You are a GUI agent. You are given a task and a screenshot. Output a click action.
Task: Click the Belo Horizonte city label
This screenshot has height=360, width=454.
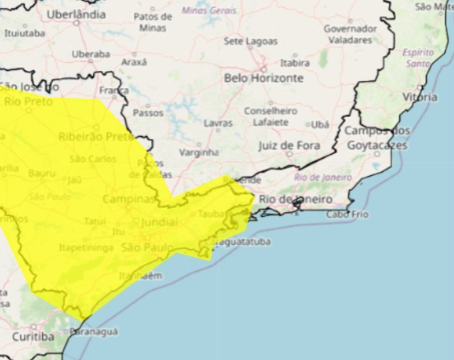[x=263, y=78]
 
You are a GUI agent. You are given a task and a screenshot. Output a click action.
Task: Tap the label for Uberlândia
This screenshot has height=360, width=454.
[x=76, y=15]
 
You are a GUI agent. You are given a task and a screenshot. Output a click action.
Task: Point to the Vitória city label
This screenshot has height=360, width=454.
[x=419, y=97]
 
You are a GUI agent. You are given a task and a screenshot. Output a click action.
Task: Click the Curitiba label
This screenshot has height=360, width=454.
[x=33, y=336]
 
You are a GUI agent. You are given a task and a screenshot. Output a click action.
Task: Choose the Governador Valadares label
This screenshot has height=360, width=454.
[x=350, y=34]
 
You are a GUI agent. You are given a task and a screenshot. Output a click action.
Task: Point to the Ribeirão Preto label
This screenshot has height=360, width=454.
[x=95, y=136]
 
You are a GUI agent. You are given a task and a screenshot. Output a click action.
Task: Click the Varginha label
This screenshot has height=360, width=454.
[x=199, y=152]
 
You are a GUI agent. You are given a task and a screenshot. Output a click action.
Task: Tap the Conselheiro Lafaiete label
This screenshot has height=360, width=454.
[x=270, y=116]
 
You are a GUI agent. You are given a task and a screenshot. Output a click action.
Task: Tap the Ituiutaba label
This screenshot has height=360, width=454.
[x=25, y=33]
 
